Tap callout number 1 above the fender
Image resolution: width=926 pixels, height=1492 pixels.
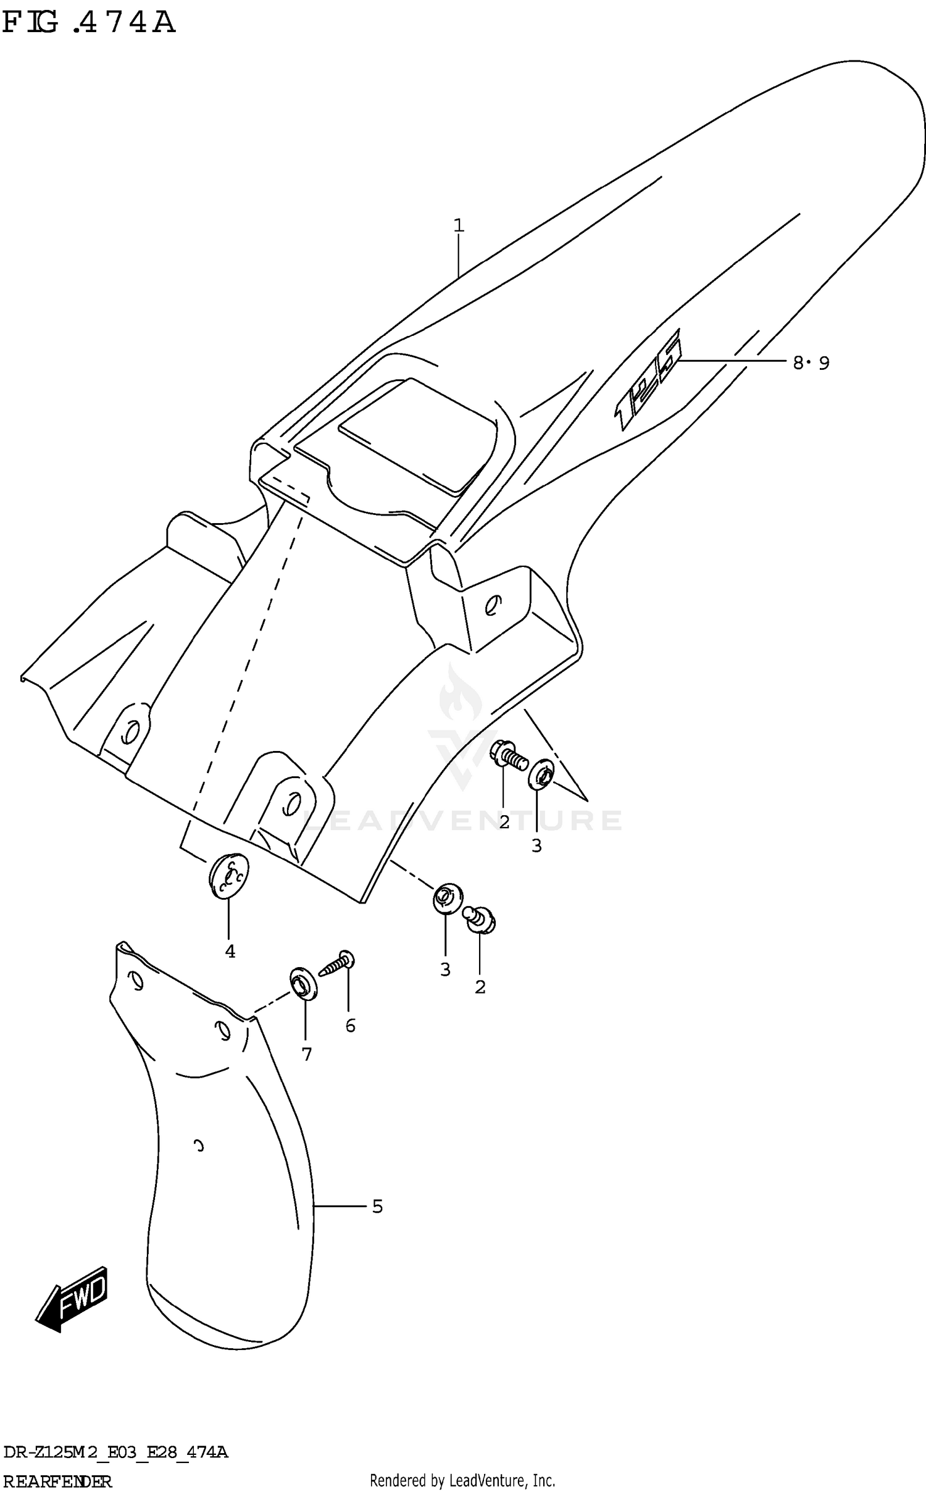[x=458, y=226]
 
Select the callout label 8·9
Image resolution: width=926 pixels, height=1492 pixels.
[x=811, y=363]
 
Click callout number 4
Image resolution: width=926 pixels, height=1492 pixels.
[x=230, y=952]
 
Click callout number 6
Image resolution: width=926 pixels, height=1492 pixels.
[x=350, y=1025]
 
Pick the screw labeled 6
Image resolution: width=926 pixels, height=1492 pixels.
[x=337, y=965]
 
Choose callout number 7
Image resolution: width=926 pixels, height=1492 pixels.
[x=307, y=1054]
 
